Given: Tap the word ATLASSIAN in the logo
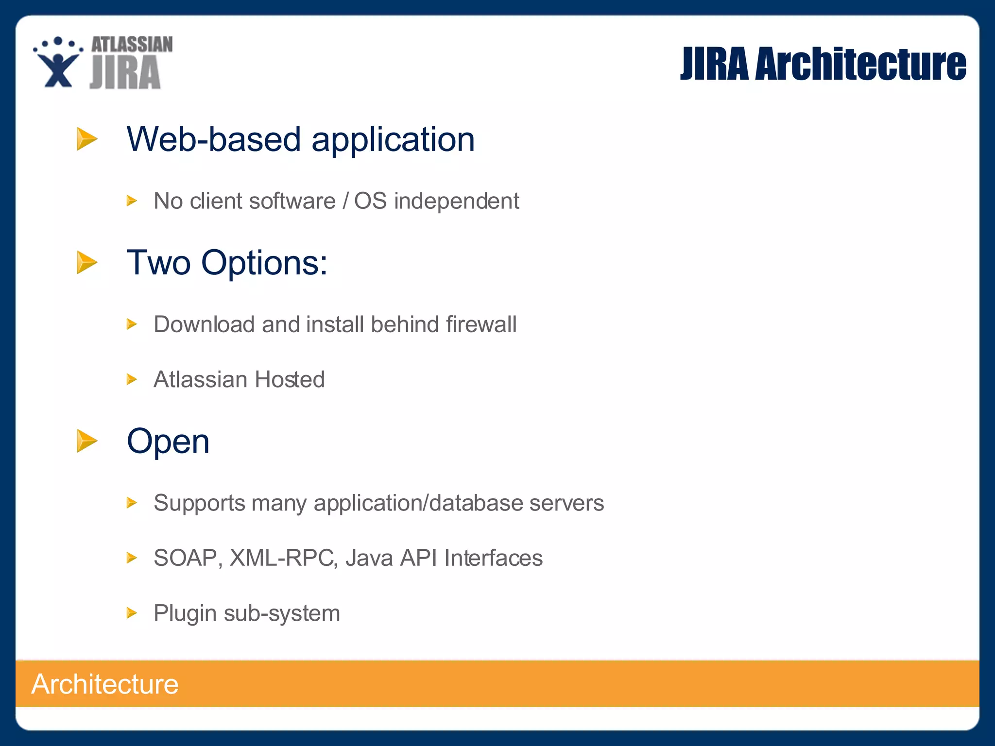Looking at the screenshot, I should [x=132, y=44].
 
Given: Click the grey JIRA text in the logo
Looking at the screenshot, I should [x=125, y=73].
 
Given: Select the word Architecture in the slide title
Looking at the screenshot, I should [x=860, y=64].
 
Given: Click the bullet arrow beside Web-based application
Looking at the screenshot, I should [x=87, y=139].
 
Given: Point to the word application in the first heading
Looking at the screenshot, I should [x=393, y=140].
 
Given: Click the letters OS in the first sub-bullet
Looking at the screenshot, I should [x=370, y=201].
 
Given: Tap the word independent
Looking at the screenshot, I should [x=456, y=201].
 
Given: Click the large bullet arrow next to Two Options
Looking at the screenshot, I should [x=87, y=262].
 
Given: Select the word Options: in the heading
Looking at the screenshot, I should [x=264, y=263].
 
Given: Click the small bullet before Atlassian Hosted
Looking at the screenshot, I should [x=132, y=379].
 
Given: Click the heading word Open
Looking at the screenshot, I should [x=168, y=441].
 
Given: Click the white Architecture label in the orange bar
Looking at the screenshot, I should [x=105, y=684].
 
